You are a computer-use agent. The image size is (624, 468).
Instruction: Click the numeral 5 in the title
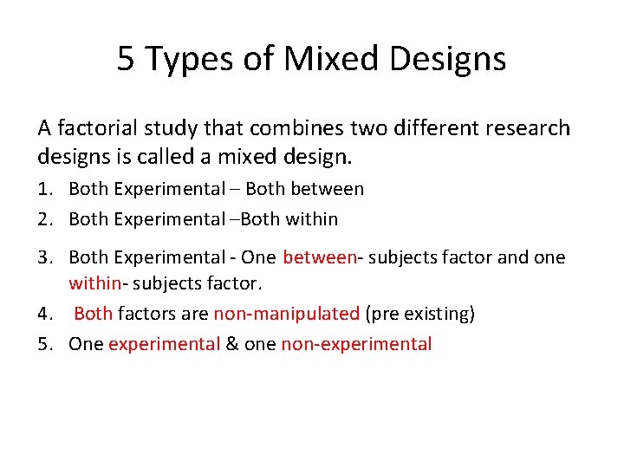(127, 59)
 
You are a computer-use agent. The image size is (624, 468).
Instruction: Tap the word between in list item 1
(331, 189)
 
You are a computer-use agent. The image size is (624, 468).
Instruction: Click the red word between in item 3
(320, 257)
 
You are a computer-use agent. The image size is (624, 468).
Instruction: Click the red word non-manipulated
(286, 314)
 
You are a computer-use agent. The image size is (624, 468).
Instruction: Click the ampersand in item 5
(231, 344)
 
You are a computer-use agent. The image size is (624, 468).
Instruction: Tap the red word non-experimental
(356, 344)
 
